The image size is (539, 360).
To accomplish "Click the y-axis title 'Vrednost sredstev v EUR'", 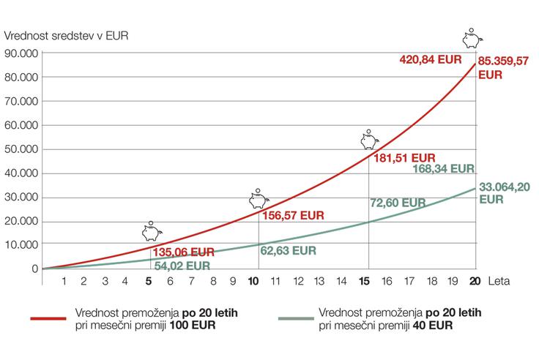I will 66,36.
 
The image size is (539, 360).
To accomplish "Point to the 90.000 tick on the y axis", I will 21,53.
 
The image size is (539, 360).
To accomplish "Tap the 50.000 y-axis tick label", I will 21,149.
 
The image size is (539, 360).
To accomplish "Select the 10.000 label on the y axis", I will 21,245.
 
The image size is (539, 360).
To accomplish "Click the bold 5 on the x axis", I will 149,281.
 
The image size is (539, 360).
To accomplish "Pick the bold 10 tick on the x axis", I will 254,281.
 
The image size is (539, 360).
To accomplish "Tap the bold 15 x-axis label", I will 368,281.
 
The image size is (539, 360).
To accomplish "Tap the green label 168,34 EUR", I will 444,168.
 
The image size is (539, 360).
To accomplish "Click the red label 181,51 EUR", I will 403,157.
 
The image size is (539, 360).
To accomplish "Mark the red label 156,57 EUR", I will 291,216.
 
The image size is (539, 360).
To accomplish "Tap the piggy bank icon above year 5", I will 151,232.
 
